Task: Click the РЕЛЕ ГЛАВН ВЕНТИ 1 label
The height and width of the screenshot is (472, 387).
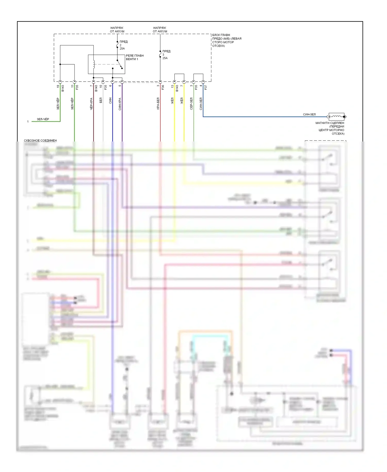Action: click(x=135, y=57)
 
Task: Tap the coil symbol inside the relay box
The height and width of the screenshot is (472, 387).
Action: click(x=94, y=64)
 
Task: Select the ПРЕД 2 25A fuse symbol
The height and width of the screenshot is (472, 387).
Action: click(x=117, y=45)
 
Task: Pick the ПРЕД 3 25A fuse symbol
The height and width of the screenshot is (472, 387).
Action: click(x=160, y=55)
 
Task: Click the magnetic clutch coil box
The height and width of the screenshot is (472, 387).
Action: click(x=336, y=117)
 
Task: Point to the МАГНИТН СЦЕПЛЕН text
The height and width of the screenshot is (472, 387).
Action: click(x=330, y=123)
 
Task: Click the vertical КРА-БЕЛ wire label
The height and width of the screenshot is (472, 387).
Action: click(x=158, y=104)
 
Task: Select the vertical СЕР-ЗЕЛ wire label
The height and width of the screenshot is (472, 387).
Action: click(x=191, y=104)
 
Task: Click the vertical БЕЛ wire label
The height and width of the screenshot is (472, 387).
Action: click(x=101, y=100)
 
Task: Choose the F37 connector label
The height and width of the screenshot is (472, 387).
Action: click(x=206, y=87)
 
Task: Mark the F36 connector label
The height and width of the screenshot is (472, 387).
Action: click(x=163, y=87)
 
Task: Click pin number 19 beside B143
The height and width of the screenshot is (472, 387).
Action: click(x=58, y=86)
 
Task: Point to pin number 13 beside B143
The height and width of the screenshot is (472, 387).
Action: click(x=173, y=86)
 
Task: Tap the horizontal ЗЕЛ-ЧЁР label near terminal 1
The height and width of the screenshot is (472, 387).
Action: click(x=43, y=119)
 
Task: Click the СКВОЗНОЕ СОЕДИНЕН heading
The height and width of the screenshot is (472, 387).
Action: click(x=40, y=140)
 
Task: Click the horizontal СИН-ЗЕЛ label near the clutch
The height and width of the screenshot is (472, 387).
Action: click(x=309, y=114)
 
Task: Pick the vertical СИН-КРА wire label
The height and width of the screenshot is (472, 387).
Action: click(x=120, y=104)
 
